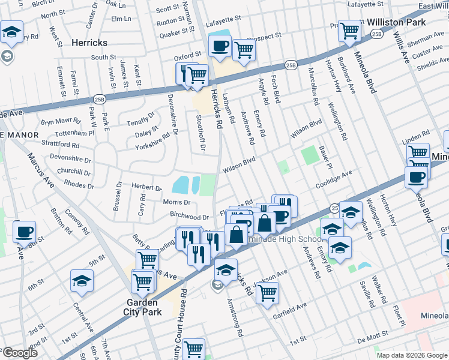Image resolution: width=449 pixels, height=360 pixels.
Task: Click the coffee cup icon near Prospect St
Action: [x=220, y=46]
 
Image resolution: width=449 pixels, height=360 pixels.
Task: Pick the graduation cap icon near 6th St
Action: [x=82, y=280]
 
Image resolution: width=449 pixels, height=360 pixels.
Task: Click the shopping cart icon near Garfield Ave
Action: [x=267, y=293]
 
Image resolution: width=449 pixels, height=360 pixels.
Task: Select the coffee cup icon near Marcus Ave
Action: [x=24, y=232]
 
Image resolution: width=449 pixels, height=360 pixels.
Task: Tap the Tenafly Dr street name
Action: [x=140, y=119]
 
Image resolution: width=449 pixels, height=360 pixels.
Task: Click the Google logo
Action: [x=20, y=353]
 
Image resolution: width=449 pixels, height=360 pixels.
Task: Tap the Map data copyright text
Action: [x=411, y=355]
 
